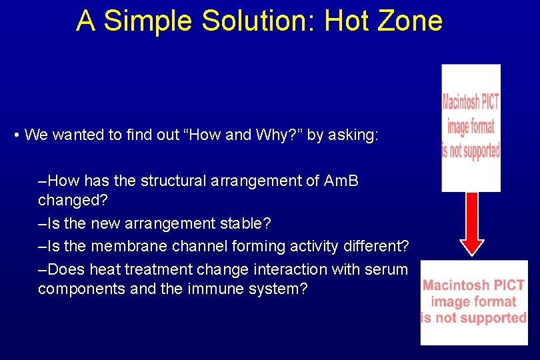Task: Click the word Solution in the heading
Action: coord(259,21)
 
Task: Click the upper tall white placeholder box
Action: coord(471,128)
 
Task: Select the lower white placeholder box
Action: coord(473,302)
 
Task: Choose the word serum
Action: coord(390,269)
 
